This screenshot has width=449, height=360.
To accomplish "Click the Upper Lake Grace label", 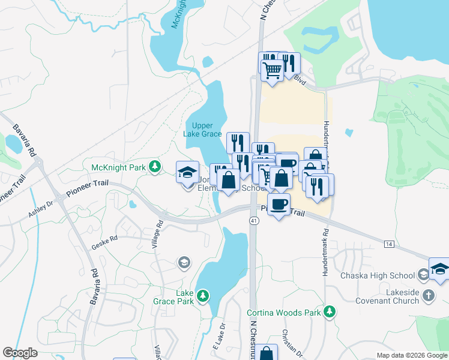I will pyautogui.click(x=202, y=130).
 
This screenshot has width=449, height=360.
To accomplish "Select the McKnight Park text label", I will pyautogui.click(x=119, y=167).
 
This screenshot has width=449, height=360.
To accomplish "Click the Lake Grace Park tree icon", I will pyautogui.click(x=203, y=295).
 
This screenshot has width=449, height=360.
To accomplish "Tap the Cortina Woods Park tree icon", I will pyautogui.click(x=329, y=311).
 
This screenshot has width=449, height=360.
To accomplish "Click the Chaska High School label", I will pyautogui.click(x=377, y=275).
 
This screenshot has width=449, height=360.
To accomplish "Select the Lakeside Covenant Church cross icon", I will pyautogui.click(x=427, y=295).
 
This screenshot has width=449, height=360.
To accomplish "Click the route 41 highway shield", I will pyautogui.click(x=253, y=221).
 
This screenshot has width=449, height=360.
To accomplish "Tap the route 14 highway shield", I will pyautogui.click(x=389, y=244).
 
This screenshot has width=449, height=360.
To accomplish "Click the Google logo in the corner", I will pyautogui.click(x=20, y=353).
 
